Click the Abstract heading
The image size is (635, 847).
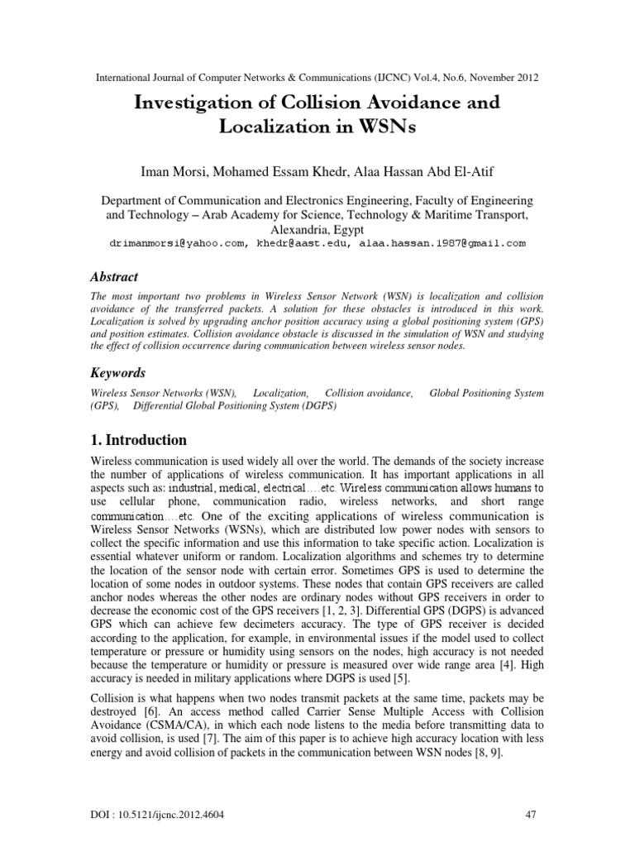click(x=114, y=277)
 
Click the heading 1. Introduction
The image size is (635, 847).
click(x=138, y=440)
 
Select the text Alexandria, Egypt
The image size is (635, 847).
click(x=317, y=230)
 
